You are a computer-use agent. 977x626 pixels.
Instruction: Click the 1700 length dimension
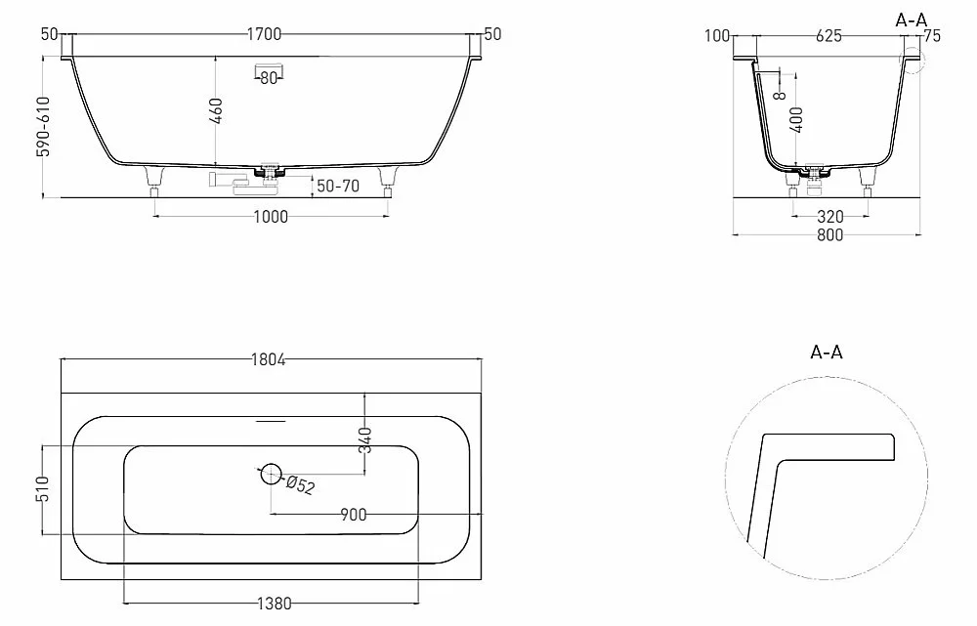264,34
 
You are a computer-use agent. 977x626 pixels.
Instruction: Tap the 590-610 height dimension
44,126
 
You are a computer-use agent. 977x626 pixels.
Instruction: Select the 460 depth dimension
217,111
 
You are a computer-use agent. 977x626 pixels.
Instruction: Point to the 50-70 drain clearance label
338,186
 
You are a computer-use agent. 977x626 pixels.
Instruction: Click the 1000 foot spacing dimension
271,217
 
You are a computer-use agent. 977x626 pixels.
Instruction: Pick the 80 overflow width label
269,78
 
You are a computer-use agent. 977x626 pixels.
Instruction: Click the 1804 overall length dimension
269,359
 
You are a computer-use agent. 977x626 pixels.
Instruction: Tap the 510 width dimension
42,489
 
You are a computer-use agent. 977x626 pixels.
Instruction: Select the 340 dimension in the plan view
366,439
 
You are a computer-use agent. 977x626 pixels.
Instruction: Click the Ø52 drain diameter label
301,484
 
